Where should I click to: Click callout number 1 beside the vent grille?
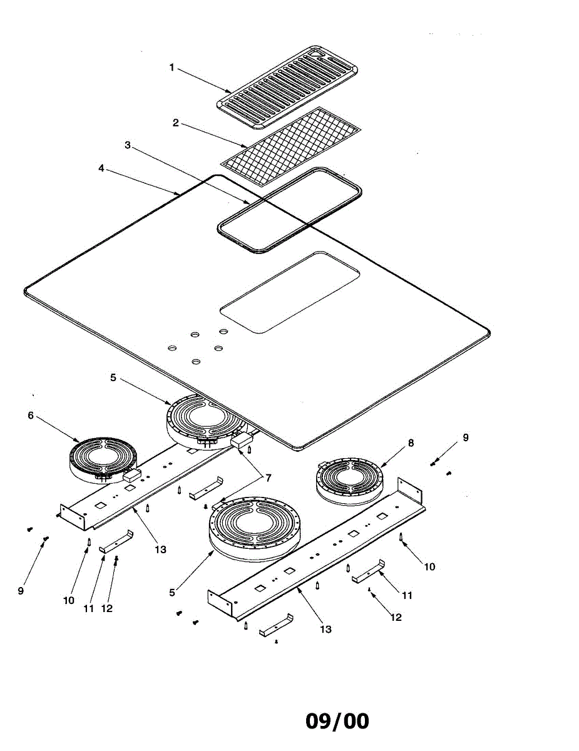coord(172,68)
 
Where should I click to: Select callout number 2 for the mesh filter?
coord(176,123)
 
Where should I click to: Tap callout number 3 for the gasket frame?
coord(128,145)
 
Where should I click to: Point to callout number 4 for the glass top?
coord(101,168)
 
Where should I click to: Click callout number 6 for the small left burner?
coord(31,415)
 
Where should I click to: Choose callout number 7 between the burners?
coord(268,478)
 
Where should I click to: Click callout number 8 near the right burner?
coord(411,443)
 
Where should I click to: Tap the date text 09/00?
coord(337,721)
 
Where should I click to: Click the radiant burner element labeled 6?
coord(101,460)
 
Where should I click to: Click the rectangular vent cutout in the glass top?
coord(290,292)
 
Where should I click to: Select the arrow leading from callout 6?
coord(59,431)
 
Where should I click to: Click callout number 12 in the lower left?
coord(107,608)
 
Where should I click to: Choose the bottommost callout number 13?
coord(325,629)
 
